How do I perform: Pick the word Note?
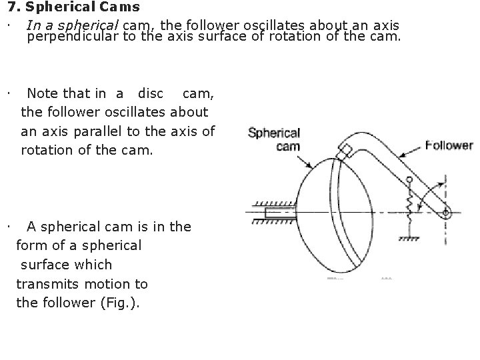pos(42,93)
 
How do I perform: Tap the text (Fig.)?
pos(119,302)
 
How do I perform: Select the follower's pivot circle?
pos(446,212)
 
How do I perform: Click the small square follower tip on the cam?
pos(345,151)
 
